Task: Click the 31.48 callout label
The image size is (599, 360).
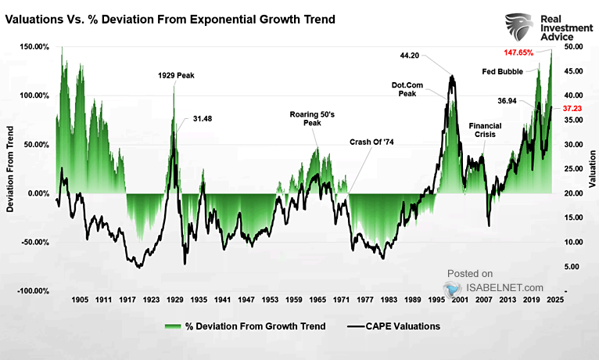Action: click(203, 119)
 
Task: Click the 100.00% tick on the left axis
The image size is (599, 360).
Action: click(34, 95)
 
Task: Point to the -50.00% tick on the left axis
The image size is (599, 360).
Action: click(34, 242)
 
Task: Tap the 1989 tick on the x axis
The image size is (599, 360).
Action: click(413, 300)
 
